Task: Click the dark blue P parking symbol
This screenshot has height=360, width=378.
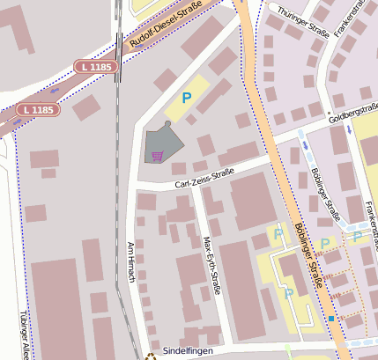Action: coord(186,99)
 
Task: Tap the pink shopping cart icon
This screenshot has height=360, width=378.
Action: coord(157,157)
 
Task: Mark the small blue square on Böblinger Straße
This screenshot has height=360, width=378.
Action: coord(330,318)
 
